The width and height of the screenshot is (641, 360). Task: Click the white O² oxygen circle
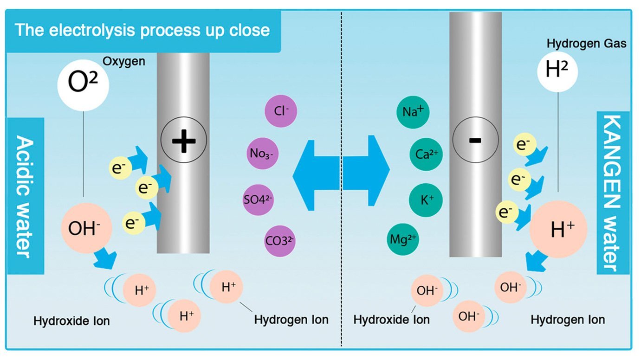(x=83, y=84)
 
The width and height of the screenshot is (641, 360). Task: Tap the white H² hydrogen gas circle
(x=558, y=71)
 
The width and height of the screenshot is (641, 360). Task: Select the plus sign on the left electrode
(x=184, y=139)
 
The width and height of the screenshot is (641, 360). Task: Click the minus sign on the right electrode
(x=475, y=140)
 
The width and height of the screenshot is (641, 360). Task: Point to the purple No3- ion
(x=263, y=152)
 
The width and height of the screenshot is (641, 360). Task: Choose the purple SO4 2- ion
(x=259, y=200)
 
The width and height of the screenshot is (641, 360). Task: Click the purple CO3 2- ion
(x=280, y=241)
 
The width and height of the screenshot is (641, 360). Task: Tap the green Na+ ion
(x=413, y=112)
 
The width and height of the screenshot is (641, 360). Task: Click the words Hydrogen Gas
(x=586, y=44)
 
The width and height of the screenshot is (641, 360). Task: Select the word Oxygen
(x=124, y=61)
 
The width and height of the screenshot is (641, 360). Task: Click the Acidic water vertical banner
(x=25, y=196)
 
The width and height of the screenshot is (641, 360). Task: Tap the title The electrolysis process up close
(x=142, y=30)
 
